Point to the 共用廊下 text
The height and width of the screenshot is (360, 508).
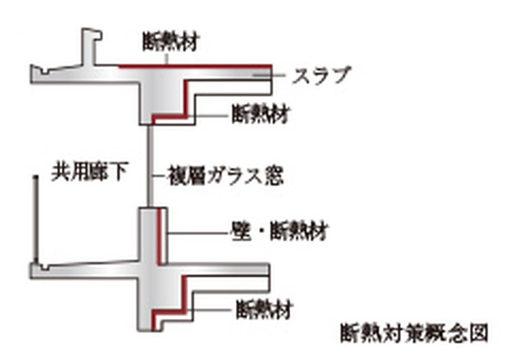tap(89, 173)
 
